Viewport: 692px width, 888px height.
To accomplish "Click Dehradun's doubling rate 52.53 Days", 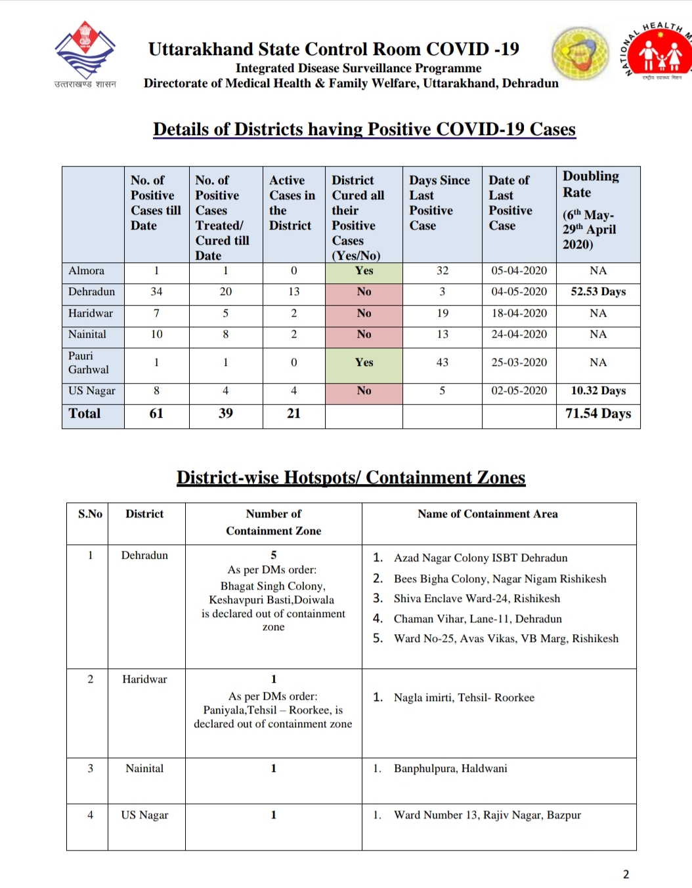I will point(598,292).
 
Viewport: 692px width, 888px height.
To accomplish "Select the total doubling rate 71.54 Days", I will point(598,414).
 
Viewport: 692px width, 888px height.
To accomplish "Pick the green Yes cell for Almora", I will point(364,271).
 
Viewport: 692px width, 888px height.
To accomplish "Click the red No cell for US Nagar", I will point(364,391).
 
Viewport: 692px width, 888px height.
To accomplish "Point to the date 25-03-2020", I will point(519,363).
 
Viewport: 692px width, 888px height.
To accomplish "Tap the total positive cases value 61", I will point(156,414).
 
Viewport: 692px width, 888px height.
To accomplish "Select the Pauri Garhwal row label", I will point(89,363).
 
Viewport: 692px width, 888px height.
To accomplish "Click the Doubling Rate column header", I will point(591,210).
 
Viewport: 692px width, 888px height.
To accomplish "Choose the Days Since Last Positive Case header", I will point(439,203).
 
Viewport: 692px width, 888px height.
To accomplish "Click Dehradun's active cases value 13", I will point(293,292).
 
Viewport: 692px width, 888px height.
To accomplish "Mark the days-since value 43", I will point(443,363).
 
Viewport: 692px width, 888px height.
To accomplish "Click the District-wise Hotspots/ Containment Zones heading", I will point(351,477).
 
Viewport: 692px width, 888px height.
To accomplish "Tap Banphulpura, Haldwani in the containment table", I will point(450,769).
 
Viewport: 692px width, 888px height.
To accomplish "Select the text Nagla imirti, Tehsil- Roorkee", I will point(464,698).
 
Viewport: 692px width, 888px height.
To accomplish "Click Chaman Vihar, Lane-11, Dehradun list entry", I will point(477,619).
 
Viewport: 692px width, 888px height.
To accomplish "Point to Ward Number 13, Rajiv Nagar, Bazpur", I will point(487,815).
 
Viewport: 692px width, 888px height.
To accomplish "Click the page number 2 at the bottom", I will point(626,874).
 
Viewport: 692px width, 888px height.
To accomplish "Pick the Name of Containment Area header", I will point(488,514).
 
